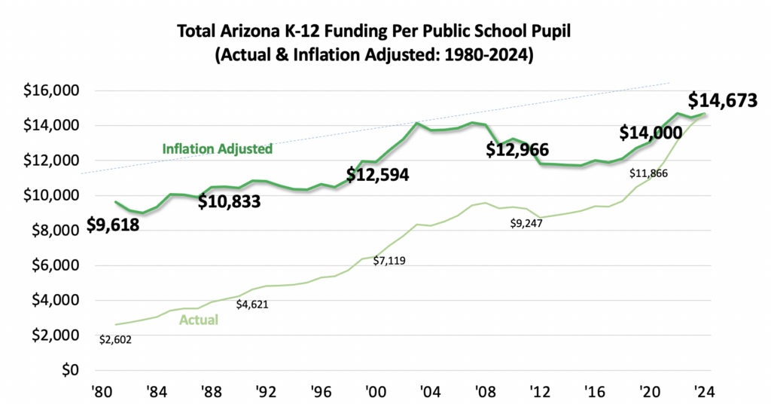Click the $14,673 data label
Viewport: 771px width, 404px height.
coord(722,101)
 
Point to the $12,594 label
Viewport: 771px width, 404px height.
coord(377,176)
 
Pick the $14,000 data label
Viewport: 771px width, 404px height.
coord(651,133)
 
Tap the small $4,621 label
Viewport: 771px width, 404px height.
coord(252,305)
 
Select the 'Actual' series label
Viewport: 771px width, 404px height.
coord(199,320)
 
